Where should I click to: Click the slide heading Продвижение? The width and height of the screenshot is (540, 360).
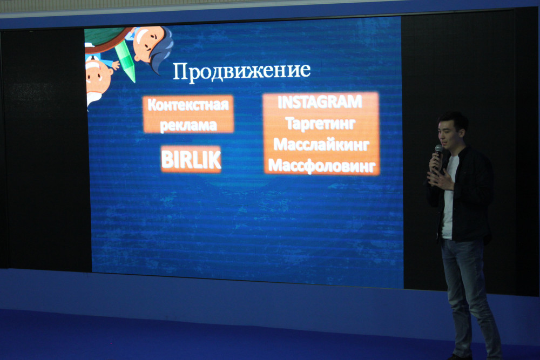[241, 72]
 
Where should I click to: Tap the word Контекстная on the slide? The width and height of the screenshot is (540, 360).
[188, 105]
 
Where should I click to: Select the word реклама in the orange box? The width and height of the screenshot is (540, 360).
[188, 125]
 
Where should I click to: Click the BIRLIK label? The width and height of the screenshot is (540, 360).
[191, 159]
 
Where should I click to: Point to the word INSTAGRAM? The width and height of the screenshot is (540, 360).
[320, 102]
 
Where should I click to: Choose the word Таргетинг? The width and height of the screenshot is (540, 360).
[320, 124]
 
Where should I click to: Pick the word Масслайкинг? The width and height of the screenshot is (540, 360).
[321, 144]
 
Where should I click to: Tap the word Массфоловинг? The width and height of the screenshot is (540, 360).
[322, 166]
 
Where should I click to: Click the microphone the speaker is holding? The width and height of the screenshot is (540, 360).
[438, 154]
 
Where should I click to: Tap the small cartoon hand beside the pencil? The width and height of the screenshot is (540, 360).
[116, 65]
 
